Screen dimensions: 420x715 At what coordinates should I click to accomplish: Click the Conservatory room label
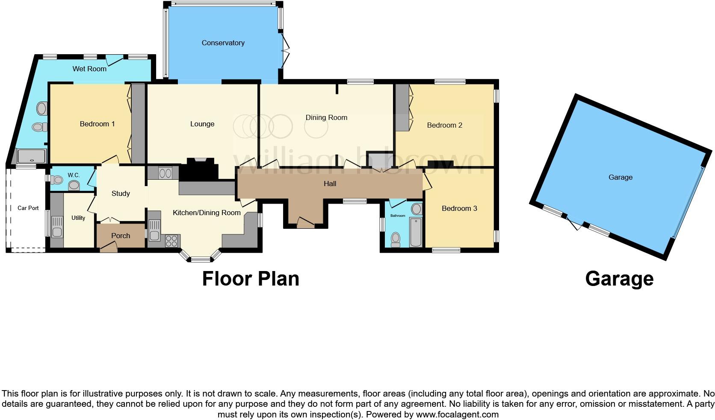click(x=223, y=43)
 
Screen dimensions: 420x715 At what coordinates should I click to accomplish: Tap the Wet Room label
click(x=89, y=69)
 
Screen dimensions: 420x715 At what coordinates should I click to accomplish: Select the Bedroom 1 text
click(x=97, y=124)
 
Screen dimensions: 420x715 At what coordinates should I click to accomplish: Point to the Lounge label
click(x=202, y=124)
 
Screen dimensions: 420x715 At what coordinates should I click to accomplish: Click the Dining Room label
click(x=326, y=117)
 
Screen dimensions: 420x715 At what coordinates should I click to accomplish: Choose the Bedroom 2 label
click(x=444, y=125)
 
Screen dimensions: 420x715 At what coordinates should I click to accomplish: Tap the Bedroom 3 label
click(x=459, y=208)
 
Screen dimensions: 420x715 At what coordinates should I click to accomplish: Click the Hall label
click(x=330, y=184)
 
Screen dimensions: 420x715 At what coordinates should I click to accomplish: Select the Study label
click(x=121, y=193)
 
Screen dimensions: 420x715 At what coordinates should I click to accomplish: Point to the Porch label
click(x=121, y=236)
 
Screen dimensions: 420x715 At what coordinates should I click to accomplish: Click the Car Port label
click(x=28, y=208)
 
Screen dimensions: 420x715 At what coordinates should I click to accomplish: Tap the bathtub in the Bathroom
click(x=416, y=233)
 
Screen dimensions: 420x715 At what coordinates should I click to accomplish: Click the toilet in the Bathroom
click(x=396, y=239)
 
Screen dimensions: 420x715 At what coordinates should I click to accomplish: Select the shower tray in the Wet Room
click(x=31, y=157)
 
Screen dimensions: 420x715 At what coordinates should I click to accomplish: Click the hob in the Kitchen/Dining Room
click(x=171, y=241)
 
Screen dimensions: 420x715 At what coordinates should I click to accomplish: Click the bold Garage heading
click(x=619, y=279)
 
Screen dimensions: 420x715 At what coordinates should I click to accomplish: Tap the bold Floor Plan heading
click(x=250, y=279)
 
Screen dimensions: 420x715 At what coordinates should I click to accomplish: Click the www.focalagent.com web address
click(x=457, y=414)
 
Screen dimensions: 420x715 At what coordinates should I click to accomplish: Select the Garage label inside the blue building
click(x=620, y=177)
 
